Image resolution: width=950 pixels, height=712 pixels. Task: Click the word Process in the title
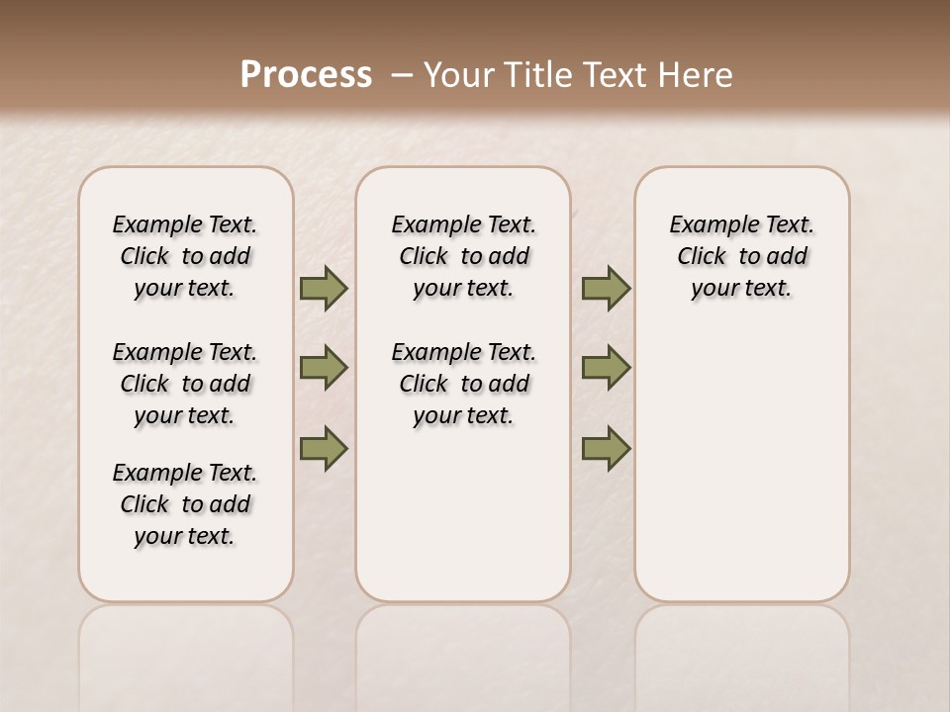pyautogui.click(x=306, y=74)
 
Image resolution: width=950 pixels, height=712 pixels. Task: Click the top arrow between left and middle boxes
pyautogui.click(x=324, y=289)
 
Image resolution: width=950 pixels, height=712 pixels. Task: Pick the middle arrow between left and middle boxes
pyautogui.click(x=324, y=368)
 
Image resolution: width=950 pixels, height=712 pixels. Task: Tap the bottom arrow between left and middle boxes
pyautogui.click(x=324, y=448)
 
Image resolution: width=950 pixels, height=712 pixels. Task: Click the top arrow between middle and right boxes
pyautogui.click(x=606, y=289)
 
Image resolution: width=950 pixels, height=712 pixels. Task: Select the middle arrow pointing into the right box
pyautogui.click(x=606, y=368)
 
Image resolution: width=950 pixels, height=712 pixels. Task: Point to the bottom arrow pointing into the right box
pyautogui.click(x=606, y=448)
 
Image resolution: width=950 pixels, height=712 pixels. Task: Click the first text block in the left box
pyautogui.click(x=185, y=256)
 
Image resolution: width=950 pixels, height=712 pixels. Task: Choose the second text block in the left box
pyautogui.click(x=185, y=384)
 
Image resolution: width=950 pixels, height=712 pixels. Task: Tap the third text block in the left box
pyautogui.click(x=185, y=504)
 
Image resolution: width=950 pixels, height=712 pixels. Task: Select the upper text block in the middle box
pyautogui.click(x=463, y=256)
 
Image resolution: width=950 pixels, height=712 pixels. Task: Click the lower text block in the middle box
pyautogui.click(x=463, y=384)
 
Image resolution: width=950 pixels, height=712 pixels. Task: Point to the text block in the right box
pyautogui.click(x=742, y=256)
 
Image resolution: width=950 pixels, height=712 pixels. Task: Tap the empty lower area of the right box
pyautogui.click(x=742, y=475)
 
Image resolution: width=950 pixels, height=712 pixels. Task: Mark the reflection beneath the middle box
pyautogui.click(x=463, y=653)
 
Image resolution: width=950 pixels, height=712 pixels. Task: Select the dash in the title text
pyautogui.click(x=402, y=74)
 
